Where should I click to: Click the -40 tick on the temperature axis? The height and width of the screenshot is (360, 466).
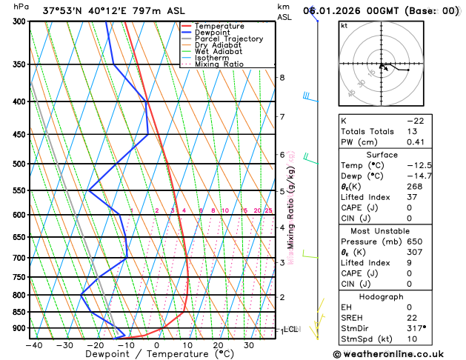(33, 345)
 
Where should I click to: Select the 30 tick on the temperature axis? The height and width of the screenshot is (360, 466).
(249, 345)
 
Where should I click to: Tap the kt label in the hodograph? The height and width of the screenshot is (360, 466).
(344, 25)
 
